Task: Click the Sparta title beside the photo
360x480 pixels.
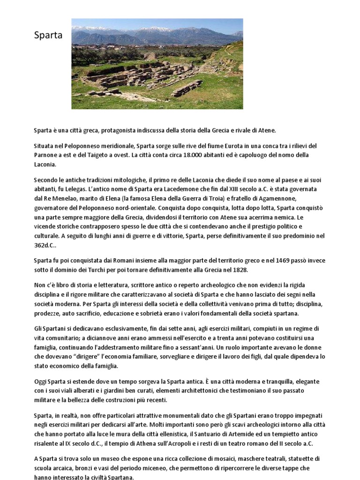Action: coord(48,36)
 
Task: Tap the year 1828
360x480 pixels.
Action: coord(238,270)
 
